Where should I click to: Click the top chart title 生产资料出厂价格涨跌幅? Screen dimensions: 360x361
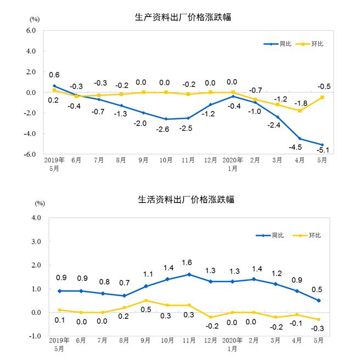tap(183, 17)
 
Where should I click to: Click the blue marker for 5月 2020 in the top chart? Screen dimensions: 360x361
tap(323, 145)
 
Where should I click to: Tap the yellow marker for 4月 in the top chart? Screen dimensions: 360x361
tap(300, 111)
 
